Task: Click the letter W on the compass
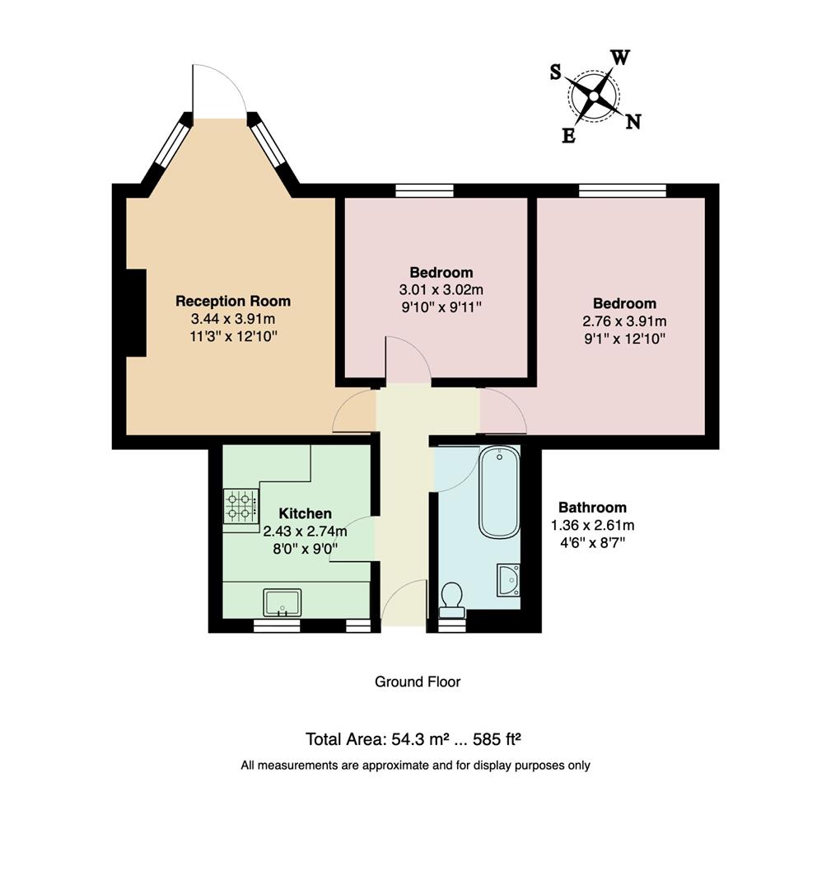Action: (620, 58)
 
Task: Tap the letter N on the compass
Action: (633, 122)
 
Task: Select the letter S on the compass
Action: (556, 73)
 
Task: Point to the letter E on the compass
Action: (568, 137)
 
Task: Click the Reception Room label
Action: (233, 302)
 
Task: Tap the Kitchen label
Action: (305, 513)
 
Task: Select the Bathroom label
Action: (592, 508)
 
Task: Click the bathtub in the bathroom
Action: (499, 493)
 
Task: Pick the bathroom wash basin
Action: (509, 579)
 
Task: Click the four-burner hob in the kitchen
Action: (240, 506)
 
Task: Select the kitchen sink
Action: (282, 602)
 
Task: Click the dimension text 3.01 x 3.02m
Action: (441, 290)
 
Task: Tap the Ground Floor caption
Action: (417, 682)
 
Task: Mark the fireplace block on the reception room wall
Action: (135, 313)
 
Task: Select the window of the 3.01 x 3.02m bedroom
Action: (424, 191)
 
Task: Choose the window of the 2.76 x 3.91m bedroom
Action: (622, 191)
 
